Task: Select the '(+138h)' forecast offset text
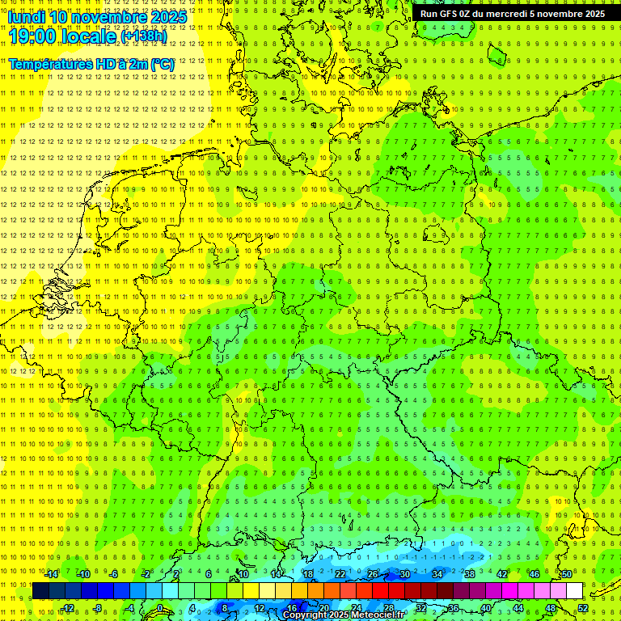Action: (143, 36)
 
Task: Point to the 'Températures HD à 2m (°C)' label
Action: (91, 63)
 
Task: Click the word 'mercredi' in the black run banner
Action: (526, 14)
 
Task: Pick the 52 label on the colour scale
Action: (583, 608)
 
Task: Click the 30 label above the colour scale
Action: (404, 574)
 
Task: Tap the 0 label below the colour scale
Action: (160, 608)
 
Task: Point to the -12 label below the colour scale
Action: (67, 608)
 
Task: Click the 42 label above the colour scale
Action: (501, 574)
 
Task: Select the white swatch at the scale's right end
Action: (574, 590)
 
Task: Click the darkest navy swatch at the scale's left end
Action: (40, 590)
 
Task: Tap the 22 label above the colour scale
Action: (340, 574)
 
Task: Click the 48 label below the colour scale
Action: (551, 608)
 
